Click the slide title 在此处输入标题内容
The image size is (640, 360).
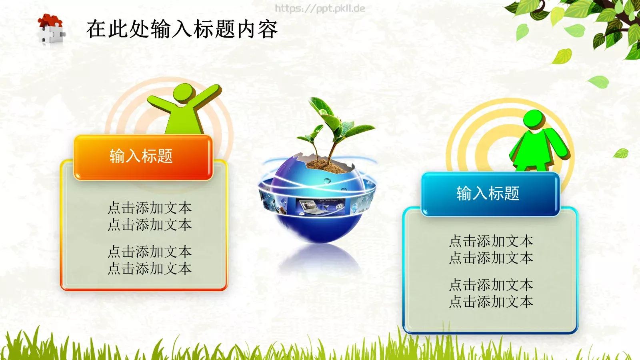182,29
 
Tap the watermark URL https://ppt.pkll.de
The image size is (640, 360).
320,8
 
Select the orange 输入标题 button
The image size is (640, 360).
142,157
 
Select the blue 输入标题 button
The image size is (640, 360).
489,194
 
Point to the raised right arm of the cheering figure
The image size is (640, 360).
208,96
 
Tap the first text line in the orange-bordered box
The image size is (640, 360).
150,208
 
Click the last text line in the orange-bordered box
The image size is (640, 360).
150,268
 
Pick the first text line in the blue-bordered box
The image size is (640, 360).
491,241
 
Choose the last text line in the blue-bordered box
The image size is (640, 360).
491,302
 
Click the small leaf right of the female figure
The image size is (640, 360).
621,153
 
